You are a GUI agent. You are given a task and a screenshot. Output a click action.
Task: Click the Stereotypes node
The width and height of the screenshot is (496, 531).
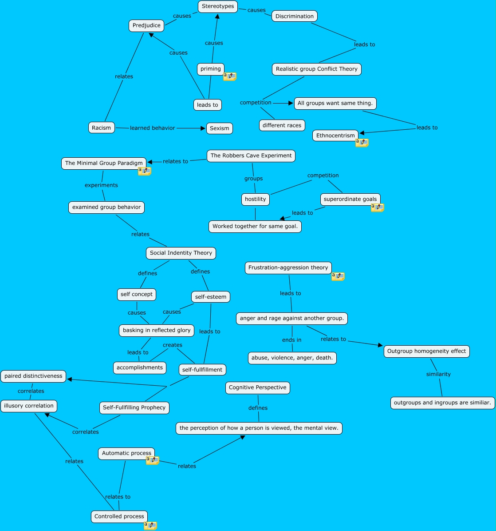(217, 7)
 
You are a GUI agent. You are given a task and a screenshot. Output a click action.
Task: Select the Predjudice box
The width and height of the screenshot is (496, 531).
(146, 26)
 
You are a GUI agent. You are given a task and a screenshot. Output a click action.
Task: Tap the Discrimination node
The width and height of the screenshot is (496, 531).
(294, 16)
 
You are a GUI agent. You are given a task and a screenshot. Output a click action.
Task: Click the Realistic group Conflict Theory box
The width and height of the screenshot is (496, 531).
(316, 69)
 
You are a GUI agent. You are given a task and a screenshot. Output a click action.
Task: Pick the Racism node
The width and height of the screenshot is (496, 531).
(102, 128)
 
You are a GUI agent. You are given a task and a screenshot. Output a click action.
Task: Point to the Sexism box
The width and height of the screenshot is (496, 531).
(219, 128)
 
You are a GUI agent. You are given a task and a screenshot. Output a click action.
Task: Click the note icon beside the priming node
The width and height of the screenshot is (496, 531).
(230, 76)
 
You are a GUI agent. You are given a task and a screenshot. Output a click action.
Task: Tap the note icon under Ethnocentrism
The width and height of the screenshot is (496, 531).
(362, 143)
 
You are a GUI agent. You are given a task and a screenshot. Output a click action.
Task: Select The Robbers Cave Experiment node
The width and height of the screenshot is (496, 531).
(251, 156)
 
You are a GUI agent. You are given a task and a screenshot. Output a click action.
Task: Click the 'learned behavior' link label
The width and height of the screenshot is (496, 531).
(152, 128)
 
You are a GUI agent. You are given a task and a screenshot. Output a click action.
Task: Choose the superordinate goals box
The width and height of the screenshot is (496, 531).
(350, 200)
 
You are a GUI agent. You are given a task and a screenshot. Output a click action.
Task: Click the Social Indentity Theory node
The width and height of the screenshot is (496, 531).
(181, 253)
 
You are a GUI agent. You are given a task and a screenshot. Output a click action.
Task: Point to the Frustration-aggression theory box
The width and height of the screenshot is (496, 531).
(288, 268)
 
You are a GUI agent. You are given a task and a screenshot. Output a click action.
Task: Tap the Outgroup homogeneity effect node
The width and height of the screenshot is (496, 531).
(426, 351)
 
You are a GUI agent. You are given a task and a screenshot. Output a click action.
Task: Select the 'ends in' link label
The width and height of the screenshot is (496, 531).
(291, 340)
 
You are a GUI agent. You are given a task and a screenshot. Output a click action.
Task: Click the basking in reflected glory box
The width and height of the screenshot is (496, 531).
(157, 331)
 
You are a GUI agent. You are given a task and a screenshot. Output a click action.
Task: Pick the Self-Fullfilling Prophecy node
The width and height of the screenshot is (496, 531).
(134, 408)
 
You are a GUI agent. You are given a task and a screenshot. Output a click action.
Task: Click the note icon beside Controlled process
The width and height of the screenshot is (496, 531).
(150, 526)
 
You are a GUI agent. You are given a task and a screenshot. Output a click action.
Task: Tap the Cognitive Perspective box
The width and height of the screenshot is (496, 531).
(257, 388)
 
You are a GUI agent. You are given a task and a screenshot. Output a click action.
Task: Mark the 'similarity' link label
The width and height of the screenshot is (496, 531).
(438, 375)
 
